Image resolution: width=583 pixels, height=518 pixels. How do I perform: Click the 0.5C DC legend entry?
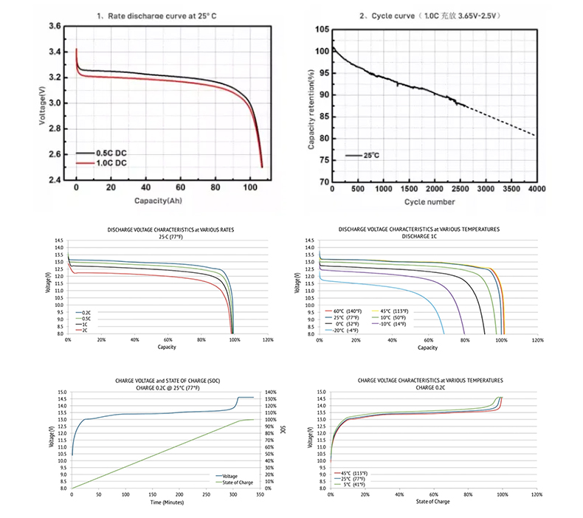pyautogui.click(x=108, y=153)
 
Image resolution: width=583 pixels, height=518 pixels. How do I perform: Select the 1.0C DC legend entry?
pyautogui.click(x=108, y=162)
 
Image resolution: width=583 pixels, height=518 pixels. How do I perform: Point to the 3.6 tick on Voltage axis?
pyautogui.click(x=54, y=27)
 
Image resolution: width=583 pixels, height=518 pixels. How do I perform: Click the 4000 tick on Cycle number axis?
pyautogui.click(x=536, y=190)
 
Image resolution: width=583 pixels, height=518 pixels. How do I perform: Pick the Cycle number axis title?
pyautogui.click(x=429, y=201)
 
